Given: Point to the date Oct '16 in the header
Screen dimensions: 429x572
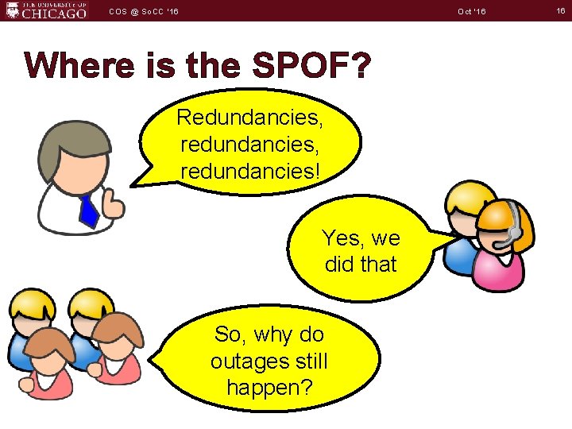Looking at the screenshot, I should pos(471,10).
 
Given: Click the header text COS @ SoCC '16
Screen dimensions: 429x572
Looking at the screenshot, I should pos(144,10).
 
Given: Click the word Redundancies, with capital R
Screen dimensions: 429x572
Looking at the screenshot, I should pos(249,118).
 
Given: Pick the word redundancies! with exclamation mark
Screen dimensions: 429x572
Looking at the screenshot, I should pos(249,170).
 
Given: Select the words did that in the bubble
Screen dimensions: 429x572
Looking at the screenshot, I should pos(361,264).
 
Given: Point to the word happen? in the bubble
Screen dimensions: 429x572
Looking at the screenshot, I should pos(269,388).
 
